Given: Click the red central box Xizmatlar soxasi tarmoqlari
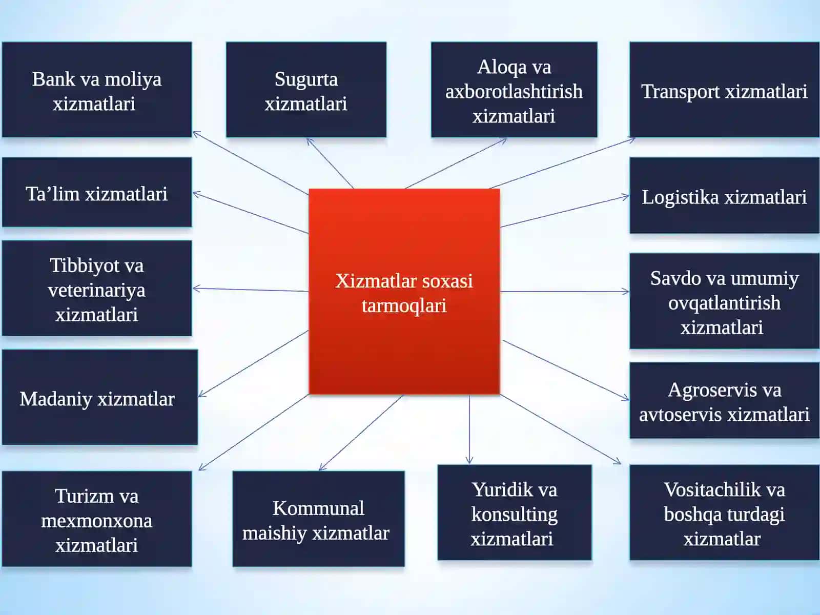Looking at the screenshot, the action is click(x=404, y=291).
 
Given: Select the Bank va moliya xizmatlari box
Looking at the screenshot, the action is click(x=97, y=90).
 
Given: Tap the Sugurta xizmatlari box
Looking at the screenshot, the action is click(x=306, y=90).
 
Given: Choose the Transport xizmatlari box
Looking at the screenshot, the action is click(x=724, y=90).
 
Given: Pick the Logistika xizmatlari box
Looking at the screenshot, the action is click(x=724, y=195).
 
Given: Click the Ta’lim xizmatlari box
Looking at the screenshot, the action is click(x=97, y=192).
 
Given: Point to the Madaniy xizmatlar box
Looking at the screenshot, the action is click(x=100, y=397).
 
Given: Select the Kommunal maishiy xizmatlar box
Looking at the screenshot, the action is click(x=318, y=519).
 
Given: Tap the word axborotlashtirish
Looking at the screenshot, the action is click(x=514, y=92).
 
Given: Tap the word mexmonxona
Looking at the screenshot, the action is click(x=97, y=521).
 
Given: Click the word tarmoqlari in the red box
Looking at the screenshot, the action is click(x=404, y=306).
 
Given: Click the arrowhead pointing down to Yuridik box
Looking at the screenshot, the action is click(x=469, y=460).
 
